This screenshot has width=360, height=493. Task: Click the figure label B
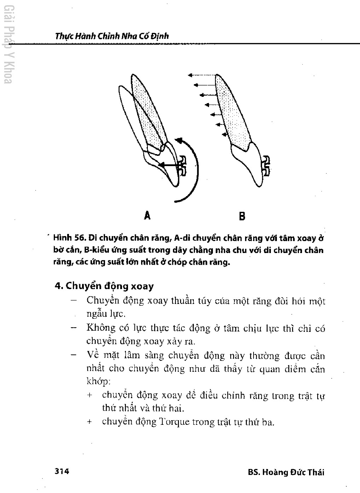(242, 216)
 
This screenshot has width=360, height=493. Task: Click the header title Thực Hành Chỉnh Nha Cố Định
(112, 36)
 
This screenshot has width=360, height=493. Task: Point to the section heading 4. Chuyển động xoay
(104, 286)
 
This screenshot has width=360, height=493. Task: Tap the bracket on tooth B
(266, 166)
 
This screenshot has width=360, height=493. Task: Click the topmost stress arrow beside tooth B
(202, 75)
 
